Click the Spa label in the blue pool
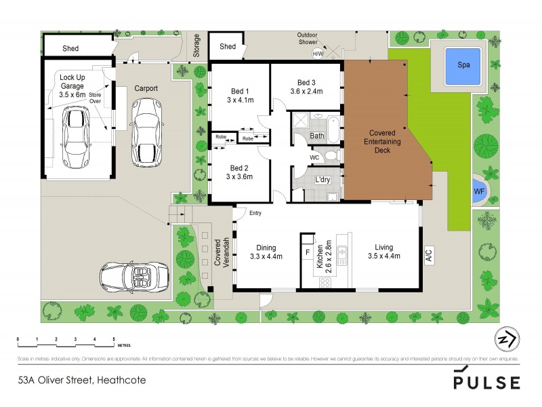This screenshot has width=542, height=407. [x=463, y=66]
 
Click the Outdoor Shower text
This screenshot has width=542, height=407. [x=312, y=39]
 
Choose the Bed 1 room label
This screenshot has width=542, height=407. [x=239, y=92]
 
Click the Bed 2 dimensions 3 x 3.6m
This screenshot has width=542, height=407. [x=239, y=177]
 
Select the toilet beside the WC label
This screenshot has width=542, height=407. [x=330, y=157]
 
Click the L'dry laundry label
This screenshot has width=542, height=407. [x=324, y=180]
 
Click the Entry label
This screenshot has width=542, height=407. [x=255, y=214]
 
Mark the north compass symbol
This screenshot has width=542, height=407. [x=503, y=339]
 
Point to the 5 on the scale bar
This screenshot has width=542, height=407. [x=114, y=338]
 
